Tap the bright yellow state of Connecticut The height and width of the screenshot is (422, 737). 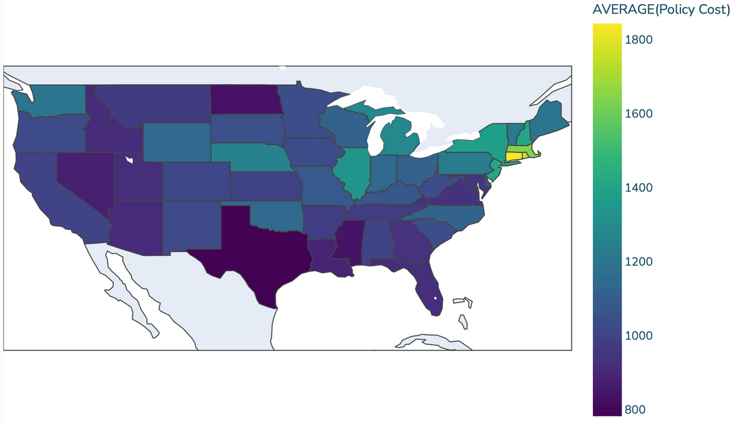513,156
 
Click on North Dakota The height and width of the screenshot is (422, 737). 244,99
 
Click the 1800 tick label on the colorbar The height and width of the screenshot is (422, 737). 639,40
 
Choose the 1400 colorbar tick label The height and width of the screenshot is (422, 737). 639,188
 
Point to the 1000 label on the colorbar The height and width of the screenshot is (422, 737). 639,336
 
